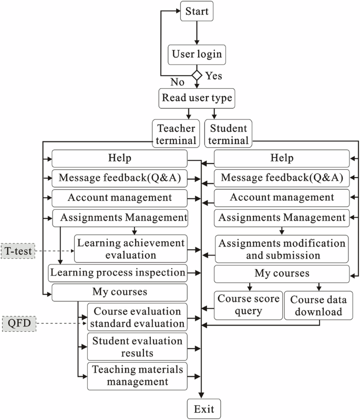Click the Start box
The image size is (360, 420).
tap(196, 11)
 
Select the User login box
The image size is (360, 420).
tap(196, 53)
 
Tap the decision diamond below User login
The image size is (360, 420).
tap(197, 76)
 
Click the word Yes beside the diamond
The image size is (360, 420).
tap(213, 76)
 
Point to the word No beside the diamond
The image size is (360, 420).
tap(178, 82)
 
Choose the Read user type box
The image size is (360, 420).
tap(196, 98)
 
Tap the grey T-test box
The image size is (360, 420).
tap(17, 252)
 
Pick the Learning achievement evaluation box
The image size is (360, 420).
tap(131, 249)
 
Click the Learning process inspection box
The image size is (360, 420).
tap(118, 273)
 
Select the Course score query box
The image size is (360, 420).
tap(248, 305)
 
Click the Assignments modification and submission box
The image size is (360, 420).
tap(282, 249)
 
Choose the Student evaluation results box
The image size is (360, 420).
tap(138, 346)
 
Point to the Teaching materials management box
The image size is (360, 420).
tap(138, 375)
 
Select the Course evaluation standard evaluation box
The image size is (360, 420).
tap(138, 317)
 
